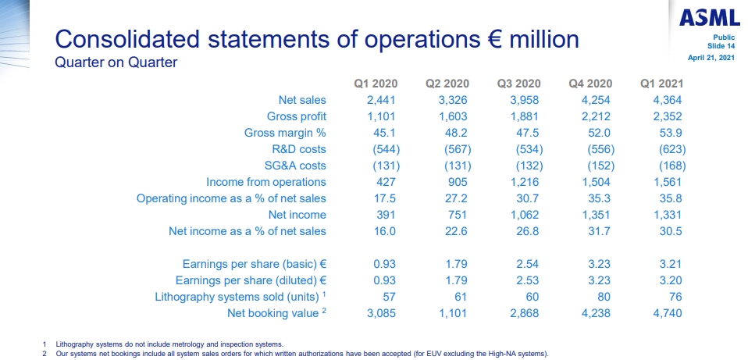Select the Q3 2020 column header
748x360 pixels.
(x=518, y=84)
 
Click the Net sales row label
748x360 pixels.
(x=302, y=100)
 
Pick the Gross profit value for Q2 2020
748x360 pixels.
(x=454, y=116)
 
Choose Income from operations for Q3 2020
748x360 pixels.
(x=524, y=182)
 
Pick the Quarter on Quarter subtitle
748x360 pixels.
(x=116, y=62)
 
